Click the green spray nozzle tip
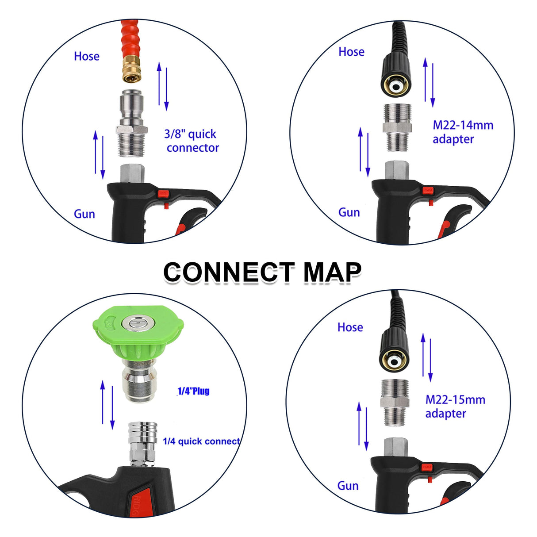138,336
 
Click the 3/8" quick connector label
192,141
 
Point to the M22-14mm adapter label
462,132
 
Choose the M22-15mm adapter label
455,407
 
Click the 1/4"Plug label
193,391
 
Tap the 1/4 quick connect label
201,441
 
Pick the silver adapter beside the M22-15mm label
395,402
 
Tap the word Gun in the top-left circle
84,214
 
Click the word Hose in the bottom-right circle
350,327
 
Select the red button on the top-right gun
428,191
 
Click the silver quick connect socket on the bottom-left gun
139,442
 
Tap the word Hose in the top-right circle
351,52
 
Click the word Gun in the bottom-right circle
348,486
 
